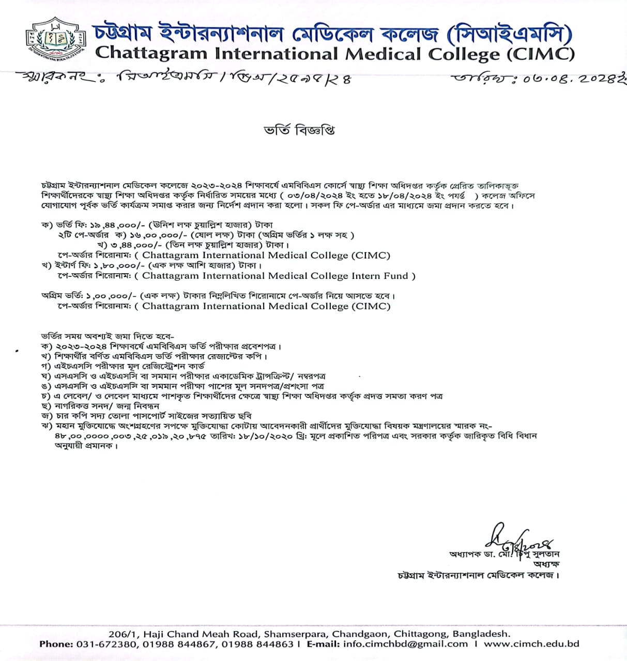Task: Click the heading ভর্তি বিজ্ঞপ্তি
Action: (x=299, y=130)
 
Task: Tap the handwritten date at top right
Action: (x=538, y=79)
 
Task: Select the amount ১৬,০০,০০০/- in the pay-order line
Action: (x=147, y=235)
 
